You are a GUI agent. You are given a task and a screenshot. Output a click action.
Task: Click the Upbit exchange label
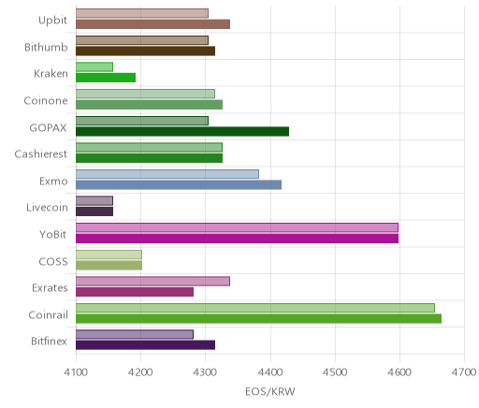click(x=52, y=21)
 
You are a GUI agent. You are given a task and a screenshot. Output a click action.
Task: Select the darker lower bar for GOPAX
click(x=182, y=132)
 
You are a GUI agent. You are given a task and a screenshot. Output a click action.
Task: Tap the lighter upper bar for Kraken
click(x=94, y=67)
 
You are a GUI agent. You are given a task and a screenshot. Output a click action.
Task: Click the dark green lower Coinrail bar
click(x=258, y=319)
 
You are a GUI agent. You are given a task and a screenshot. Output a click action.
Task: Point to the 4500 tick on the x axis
click(x=335, y=372)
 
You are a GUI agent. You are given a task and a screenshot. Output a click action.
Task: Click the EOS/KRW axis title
click(x=270, y=391)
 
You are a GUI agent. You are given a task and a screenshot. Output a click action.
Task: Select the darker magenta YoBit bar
click(x=237, y=239)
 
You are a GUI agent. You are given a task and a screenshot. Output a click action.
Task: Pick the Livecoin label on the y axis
click(x=47, y=208)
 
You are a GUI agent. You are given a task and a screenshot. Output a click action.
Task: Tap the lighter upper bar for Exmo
click(x=167, y=174)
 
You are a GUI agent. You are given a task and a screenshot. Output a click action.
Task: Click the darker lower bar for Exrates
click(x=135, y=292)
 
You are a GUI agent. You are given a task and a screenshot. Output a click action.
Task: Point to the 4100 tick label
click(x=76, y=372)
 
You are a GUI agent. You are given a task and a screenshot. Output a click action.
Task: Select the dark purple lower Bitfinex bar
click(x=145, y=345)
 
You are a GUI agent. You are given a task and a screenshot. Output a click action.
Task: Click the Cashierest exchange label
click(x=41, y=154)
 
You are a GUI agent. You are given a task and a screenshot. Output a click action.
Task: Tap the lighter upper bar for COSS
click(x=109, y=255)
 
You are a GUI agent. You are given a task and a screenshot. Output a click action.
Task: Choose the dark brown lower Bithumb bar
click(x=145, y=51)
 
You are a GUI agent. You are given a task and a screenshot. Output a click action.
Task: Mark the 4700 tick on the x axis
click(x=464, y=372)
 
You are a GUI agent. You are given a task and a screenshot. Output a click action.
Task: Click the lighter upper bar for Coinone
click(x=145, y=94)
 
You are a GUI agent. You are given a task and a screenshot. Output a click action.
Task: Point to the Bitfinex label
click(x=49, y=342)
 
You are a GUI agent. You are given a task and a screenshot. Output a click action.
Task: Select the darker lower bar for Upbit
click(x=152, y=24)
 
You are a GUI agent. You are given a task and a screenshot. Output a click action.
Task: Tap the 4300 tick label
click(x=205, y=372)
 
